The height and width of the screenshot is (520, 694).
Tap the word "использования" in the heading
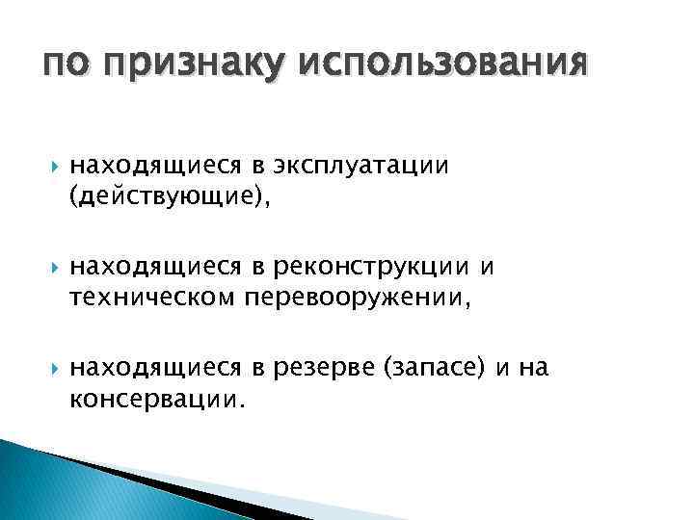coord(444,65)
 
